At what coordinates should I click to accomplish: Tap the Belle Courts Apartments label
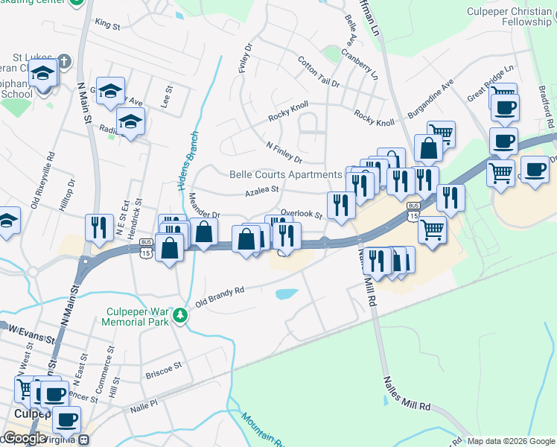point(285,175)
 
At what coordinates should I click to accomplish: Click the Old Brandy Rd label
point(220,297)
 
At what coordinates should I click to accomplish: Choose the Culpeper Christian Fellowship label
point(509,16)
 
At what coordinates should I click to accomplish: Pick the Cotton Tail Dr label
point(318,72)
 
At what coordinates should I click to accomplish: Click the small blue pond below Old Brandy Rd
point(287,294)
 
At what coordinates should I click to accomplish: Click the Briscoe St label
point(164,368)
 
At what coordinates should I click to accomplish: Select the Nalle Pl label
point(144,403)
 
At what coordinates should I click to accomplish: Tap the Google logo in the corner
point(24,438)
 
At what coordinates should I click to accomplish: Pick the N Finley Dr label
point(284,152)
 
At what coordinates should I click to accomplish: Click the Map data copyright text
point(511,441)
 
